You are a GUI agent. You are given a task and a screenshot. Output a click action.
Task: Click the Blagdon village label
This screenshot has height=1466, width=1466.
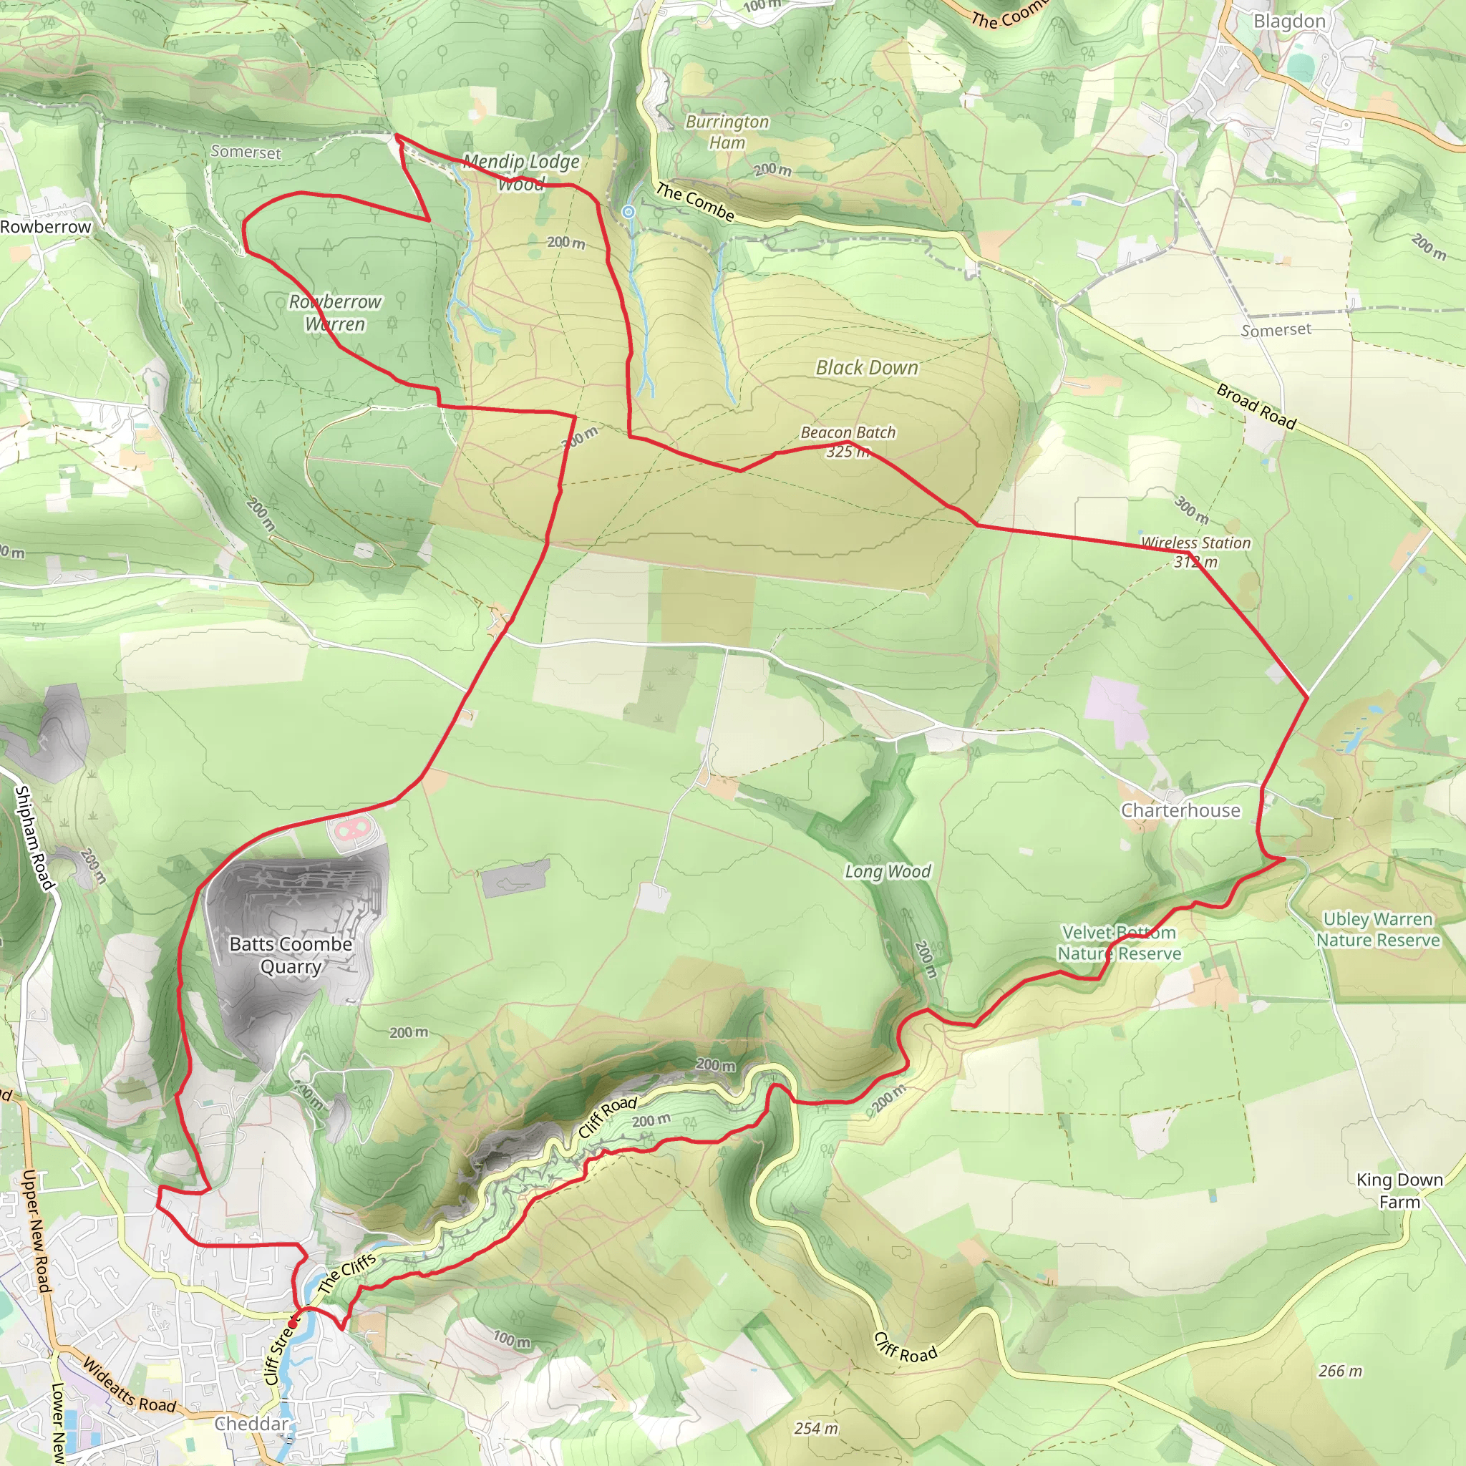pyautogui.click(x=1289, y=21)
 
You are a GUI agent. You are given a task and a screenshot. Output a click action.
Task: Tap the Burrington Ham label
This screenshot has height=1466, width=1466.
pyautogui.click(x=727, y=132)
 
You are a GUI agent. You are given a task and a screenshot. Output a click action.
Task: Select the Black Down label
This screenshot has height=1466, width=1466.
pyautogui.click(x=867, y=367)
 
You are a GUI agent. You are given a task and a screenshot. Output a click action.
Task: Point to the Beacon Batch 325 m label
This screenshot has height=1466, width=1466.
pyautogui.click(x=848, y=442)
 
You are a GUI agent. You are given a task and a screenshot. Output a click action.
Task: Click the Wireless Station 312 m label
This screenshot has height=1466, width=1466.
pyautogui.click(x=1196, y=552)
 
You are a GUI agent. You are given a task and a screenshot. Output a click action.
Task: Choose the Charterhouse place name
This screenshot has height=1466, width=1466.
pyautogui.click(x=1180, y=810)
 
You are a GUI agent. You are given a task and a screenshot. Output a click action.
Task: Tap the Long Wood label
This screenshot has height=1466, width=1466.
pyautogui.click(x=888, y=871)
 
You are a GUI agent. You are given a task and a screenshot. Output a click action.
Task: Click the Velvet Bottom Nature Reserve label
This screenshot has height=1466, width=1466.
pyautogui.click(x=1120, y=943)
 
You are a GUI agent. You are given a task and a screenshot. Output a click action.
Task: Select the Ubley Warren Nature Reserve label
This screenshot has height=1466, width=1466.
pyautogui.click(x=1378, y=930)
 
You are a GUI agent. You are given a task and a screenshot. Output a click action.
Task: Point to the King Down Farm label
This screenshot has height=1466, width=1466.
pyautogui.click(x=1399, y=1190)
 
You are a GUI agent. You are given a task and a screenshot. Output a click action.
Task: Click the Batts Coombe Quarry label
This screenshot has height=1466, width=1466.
pyautogui.click(x=291, y=956)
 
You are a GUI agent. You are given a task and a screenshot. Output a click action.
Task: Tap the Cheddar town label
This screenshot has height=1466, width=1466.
pyautogui.click(x=251, y=1424)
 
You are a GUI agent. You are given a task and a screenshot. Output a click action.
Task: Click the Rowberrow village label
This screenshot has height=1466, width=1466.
pyautogui.click(x=46, y=227)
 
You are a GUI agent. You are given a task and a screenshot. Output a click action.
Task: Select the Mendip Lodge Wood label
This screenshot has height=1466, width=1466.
pyautogui.click(x=521, y=172)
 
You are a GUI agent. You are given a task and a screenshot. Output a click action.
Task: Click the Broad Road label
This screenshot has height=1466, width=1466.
pyautogui.click(x=1256, y=406)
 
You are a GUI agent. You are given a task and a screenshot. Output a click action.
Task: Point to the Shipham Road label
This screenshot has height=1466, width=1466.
pyautogui.click(x=34, y=838)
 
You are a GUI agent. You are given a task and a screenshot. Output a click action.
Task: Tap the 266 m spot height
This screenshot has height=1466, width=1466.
pyautogui.click(x=1340, y=1370)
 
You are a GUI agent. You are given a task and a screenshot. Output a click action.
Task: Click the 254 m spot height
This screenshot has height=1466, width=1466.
pyautogui.click(x=816, y=1428)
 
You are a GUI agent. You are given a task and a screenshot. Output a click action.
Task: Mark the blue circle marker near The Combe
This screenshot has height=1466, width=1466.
pyautogui.click(x=628, y=212)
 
